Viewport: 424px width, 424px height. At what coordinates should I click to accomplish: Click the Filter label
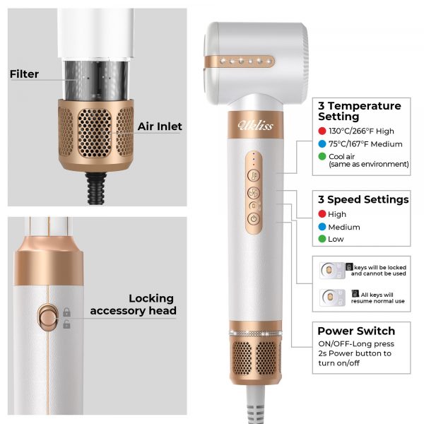click(24, 74)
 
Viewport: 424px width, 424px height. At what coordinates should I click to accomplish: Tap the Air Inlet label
click(160, 126)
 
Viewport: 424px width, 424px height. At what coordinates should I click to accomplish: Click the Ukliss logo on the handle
click(255, 125)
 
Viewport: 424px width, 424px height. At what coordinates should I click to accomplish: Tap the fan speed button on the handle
click(254, 193)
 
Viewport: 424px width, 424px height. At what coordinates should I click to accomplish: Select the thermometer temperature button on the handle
click(254, 175)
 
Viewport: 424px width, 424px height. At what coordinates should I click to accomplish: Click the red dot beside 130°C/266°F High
click(322, 131)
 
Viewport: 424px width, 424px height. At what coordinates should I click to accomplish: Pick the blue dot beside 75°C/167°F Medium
click(322, 144)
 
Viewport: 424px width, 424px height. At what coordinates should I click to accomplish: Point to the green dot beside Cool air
click(322, 156)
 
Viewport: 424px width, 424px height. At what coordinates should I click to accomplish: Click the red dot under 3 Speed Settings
click(322, 214)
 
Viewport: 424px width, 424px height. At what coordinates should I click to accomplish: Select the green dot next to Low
click(322, 239)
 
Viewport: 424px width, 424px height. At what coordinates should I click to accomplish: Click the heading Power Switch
click(356, 331)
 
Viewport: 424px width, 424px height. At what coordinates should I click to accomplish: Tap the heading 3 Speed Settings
click(363, 199)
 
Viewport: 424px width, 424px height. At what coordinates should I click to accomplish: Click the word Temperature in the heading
click(364, 106)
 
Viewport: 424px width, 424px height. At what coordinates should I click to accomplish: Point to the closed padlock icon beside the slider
click(66, 312)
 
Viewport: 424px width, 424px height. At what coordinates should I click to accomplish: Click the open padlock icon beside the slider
click(66, 324)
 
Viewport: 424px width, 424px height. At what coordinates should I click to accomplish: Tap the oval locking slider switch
click(48, 317)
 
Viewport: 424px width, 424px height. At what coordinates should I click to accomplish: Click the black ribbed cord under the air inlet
click(95, 188)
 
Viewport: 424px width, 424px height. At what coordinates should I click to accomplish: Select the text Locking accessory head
click(134, 305)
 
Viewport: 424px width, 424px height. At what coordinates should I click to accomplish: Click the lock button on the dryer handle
click(254, 206)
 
